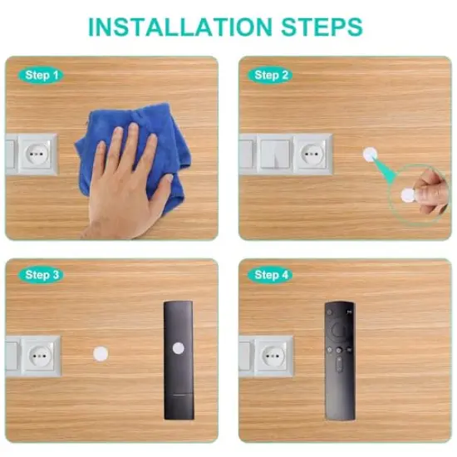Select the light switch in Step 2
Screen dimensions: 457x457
click(x=273, y=153)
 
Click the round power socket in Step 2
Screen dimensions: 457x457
click(x=312, y=153)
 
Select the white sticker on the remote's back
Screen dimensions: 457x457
click(x=176, y=348)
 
